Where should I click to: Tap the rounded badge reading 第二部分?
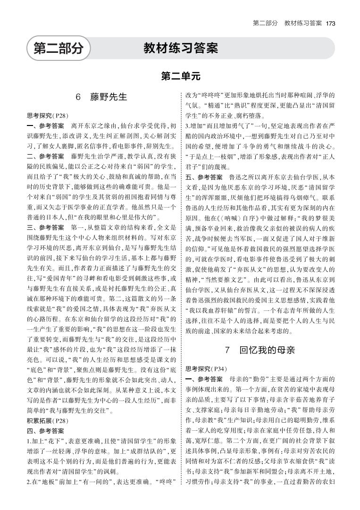58,48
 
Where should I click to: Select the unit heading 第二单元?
180,75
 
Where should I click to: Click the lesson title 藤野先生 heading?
109,97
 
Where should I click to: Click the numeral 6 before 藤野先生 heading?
78,97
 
